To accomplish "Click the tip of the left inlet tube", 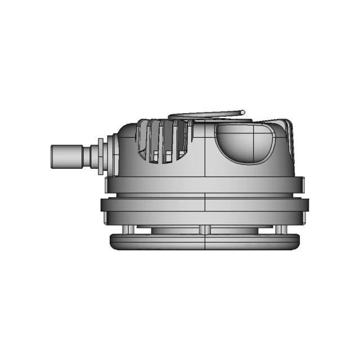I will coord(53,156).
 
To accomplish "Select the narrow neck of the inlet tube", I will coord(91,155).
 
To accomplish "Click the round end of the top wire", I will coord(243,112).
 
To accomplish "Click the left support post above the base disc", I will coord(130,229).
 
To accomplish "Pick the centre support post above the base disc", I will coord(205,229).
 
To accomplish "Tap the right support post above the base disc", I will coord(278,229).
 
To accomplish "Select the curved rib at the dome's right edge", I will coord(290,141).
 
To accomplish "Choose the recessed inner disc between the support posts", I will coord(169,230).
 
